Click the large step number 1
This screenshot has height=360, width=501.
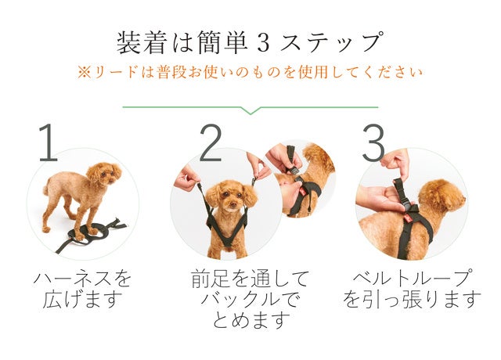point(49,142)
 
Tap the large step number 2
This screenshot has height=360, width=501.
point(211,142)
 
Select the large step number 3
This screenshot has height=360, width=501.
point(374,142)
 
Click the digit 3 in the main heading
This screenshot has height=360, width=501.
point(263,43)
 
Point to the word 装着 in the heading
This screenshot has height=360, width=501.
point(142,43)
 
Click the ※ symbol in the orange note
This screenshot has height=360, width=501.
point(85,73)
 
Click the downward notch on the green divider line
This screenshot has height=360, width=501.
point(250,110)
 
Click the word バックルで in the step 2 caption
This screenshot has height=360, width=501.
point(250,300)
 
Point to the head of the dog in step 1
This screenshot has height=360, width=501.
point(104,174)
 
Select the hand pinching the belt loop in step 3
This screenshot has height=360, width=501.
point(396,163)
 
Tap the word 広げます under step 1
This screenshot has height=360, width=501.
point(83,300)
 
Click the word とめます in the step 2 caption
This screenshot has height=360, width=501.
point(251,320)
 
